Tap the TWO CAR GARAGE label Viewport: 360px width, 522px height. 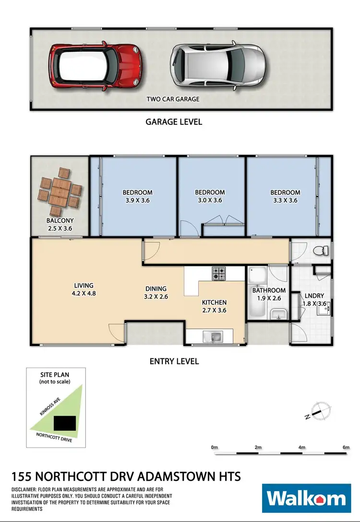click(x=173, y=99)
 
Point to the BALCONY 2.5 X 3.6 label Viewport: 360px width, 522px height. click(x=59, y=225)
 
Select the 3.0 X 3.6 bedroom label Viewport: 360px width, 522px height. click(x=210, y=197)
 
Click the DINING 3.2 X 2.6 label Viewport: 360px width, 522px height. click(x=156, y=293)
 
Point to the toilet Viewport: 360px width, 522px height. click(x=320, y=250)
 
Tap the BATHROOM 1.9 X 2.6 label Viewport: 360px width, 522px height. click(x=269, y=294)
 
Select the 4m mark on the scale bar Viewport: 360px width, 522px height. click(x=302, y=447)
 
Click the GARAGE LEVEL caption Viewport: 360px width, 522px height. click(x=174, y=122)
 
